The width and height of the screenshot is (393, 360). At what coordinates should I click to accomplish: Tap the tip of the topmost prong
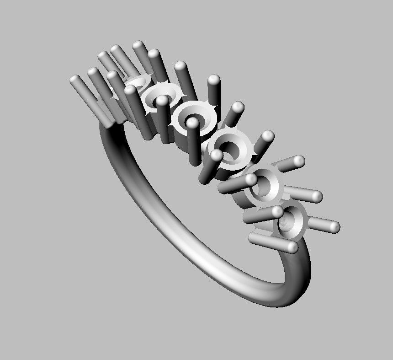(138, 45)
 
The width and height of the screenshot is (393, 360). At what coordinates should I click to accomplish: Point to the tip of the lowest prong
(291, 247)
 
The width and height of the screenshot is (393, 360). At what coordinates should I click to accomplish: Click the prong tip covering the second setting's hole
(163, 101)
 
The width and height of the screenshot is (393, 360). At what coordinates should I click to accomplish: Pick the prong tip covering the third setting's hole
(193, 123)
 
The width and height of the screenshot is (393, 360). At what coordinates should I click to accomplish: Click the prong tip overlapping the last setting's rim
(277, 212)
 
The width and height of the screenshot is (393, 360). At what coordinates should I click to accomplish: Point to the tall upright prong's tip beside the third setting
(214, 80)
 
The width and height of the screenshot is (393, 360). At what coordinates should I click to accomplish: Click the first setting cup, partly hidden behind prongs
(137, 82)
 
